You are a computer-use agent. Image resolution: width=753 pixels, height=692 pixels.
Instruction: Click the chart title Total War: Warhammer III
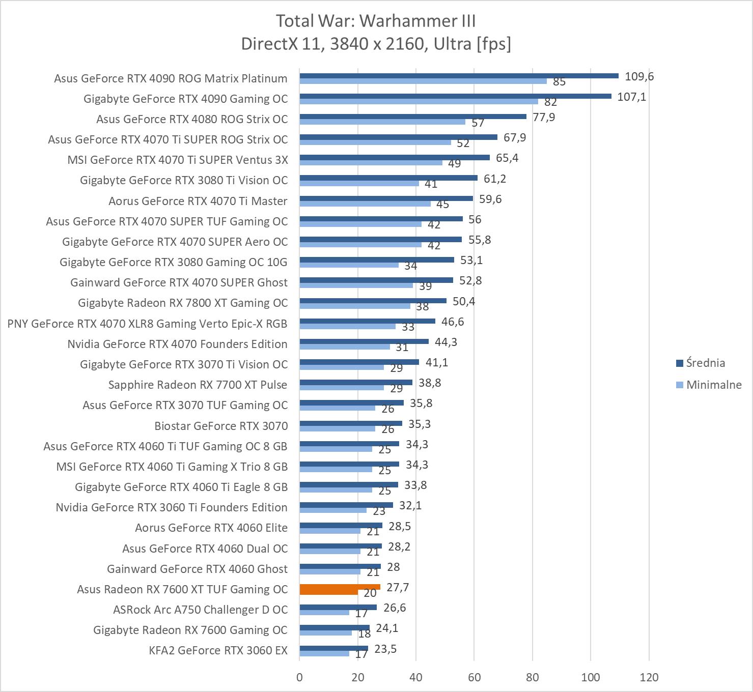[x=376, y=21]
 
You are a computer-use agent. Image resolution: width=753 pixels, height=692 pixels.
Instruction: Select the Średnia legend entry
[x=705, y=363]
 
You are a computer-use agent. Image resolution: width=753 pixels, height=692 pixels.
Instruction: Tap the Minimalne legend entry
[x=713, y=385]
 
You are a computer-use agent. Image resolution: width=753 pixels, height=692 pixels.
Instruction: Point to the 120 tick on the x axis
[x=649, y=677]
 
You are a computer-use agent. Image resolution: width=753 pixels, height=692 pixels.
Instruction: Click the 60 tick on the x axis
[x=474, y=677]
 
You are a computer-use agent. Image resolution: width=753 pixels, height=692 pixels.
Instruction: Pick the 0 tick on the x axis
[x=299, y=677]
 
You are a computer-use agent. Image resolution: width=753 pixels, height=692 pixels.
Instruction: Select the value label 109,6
[x=639, y=76]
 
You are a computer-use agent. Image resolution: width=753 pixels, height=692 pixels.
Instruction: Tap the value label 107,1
[x=631, y=97]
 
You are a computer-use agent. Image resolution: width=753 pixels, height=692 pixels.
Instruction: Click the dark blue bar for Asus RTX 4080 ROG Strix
[x=412, y=117]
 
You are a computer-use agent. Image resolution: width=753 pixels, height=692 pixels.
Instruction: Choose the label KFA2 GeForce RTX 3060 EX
[x=218, y=650]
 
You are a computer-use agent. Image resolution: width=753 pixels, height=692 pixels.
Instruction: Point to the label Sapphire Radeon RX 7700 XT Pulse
[x=198, y=385]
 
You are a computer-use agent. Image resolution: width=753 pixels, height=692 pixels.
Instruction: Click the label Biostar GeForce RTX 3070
[x=221, y=426]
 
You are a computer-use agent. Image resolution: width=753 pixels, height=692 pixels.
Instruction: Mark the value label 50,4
[x=463, y=301]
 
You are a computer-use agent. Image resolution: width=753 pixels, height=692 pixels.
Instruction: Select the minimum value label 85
[x=559, y=82]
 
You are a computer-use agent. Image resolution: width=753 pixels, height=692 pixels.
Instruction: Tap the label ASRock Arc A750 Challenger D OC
[x=200, y=610]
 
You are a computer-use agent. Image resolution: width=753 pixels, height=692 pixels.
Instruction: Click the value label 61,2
[x=494, y=179]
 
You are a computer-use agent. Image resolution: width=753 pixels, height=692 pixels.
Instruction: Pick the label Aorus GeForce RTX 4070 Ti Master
[x=198, y=201]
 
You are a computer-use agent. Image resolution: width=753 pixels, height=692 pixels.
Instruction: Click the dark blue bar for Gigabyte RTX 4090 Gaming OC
[x=455, y=96]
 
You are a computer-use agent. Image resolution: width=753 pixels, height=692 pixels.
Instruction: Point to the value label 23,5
[x=385, y=649]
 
